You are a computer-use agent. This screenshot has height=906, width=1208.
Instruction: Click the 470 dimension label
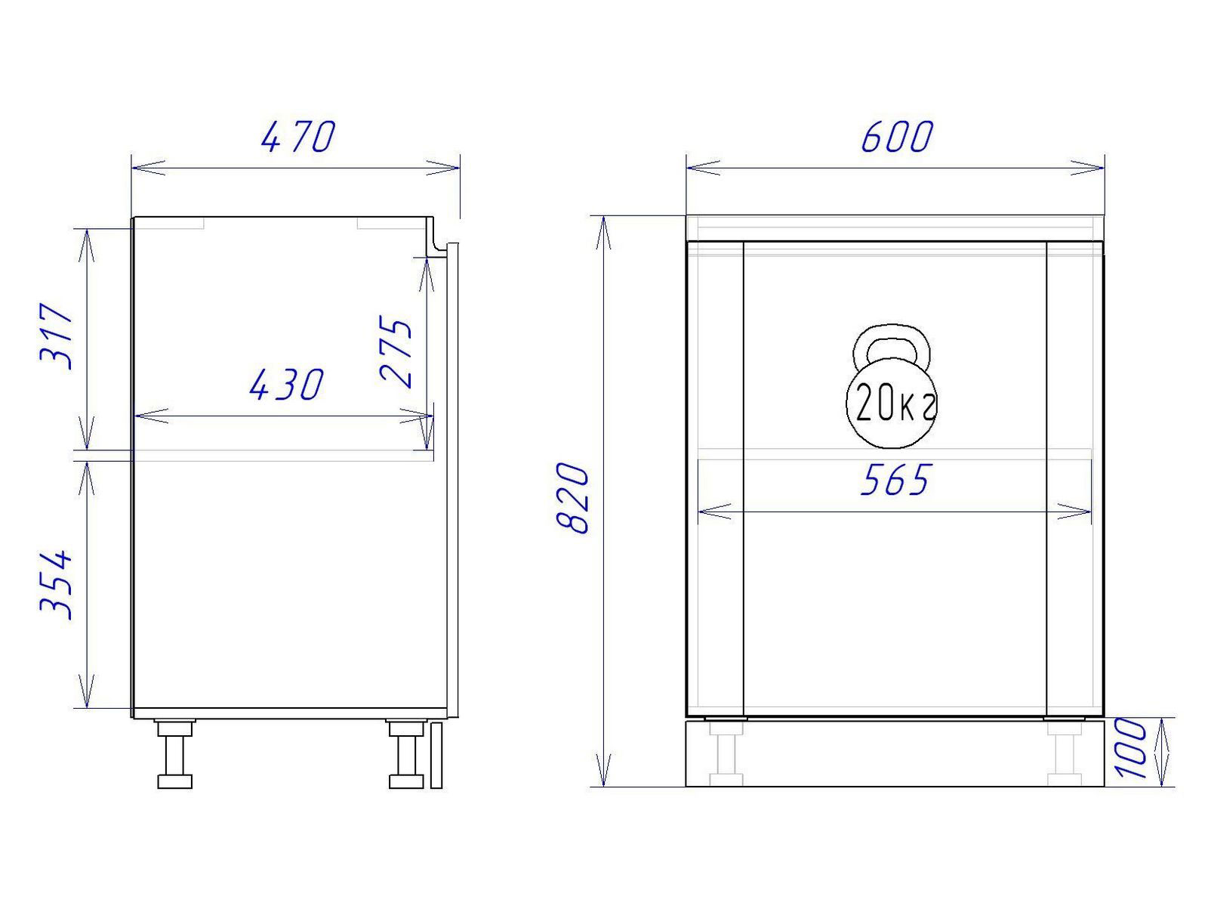point(297,137)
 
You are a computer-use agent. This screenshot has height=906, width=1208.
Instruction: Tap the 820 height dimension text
point(573,499)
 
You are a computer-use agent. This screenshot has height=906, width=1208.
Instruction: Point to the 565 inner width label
point(895,479)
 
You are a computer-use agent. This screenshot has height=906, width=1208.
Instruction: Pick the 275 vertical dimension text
point(396,352)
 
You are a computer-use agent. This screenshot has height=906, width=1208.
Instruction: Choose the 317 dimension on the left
point(56,335)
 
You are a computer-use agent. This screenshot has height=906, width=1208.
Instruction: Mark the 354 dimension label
point(56,584)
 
